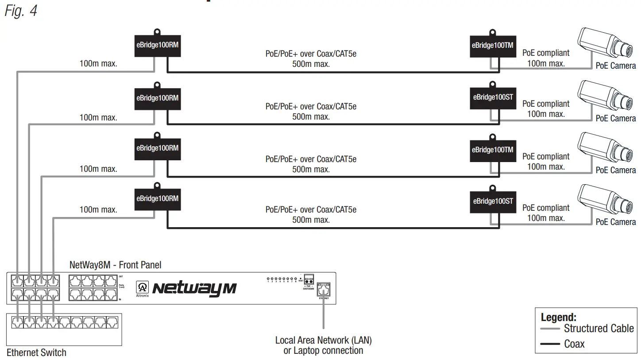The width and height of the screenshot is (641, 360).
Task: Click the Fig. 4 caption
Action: [x=21, y=11]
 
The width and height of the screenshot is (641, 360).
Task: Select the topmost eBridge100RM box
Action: [x=157, y=45]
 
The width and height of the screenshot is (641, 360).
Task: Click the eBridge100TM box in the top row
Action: [x=492, y=45]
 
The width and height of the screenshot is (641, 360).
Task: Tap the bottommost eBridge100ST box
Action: [x=493, y=201]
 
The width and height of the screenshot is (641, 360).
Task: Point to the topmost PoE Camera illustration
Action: [x=606, y=45]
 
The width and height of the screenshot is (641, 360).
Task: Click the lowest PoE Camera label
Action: [x=615, y=222]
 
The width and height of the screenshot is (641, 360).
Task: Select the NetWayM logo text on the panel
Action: [x=194, y=288]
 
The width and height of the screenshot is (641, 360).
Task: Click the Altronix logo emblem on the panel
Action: [x=143, y=286]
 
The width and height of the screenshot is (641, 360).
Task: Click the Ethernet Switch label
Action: [x=36, y=352]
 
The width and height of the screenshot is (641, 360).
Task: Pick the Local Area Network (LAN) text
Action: [x=323, y=340]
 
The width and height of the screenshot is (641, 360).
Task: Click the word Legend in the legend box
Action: [x=558, y=317]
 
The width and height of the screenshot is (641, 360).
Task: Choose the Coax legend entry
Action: [x=574, y=344]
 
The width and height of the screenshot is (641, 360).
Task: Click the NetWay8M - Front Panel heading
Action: [x=115, y=265]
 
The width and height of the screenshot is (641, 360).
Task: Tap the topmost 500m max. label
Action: [x=311, y=64]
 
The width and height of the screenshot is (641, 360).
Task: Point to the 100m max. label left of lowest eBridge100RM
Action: [x=98, y=209]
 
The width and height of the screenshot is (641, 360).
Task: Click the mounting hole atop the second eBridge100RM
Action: [x=157, y=84]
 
